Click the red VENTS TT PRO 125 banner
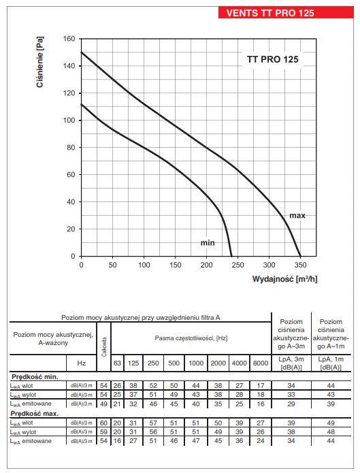tap(286, 13)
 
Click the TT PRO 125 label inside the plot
tap(272, 59)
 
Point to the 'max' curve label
tap(297, 215)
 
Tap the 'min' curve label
tap(208, 242)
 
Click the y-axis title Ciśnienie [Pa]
tap(40, 62)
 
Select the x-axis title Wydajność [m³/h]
tap(284, 279)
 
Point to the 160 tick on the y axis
tap(69, 39)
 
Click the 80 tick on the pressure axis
tap(71, 148)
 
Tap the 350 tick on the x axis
tap(300, 265)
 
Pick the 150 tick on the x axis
tap(175, 265)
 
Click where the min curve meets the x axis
tap(231, 256)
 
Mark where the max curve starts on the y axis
tap(81, 52)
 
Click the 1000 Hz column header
tap(196, 363)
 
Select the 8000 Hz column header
tap(261, 363)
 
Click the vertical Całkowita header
tap(104, 346)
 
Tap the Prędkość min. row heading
tap(35, 377)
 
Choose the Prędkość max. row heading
tap(35, 414)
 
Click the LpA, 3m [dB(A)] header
tap(291, 363)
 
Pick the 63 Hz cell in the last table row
tap(117, 441)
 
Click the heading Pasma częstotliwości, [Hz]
tap(191, 338)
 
